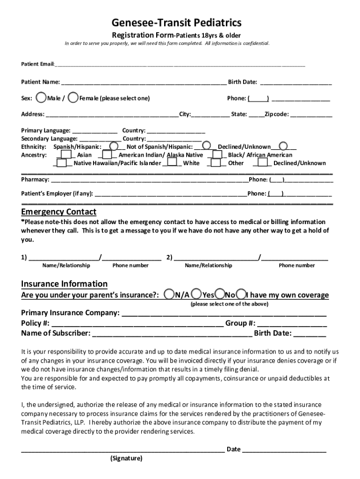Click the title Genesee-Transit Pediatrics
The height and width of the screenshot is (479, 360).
(177, 22)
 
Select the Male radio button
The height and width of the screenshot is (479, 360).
(41, 97)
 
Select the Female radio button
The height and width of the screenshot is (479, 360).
(73, 97)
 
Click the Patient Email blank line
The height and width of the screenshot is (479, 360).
(180, 63)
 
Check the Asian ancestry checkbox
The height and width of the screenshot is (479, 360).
(66, 154)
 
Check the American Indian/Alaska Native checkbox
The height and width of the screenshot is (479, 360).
(108, 154)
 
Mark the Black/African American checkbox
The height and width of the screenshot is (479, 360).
(217, 154)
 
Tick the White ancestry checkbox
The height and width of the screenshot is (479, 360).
(173, 163)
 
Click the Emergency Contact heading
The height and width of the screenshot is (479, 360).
(58, 212)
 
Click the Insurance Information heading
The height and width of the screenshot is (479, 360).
(64, 284)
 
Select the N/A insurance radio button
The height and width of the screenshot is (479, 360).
(170, 294)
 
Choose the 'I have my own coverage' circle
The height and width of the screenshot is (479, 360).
(241, 294)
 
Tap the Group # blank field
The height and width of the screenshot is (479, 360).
(292, 323)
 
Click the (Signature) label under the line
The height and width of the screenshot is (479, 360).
(126, 458)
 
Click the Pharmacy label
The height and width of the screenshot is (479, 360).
(35, 180)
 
